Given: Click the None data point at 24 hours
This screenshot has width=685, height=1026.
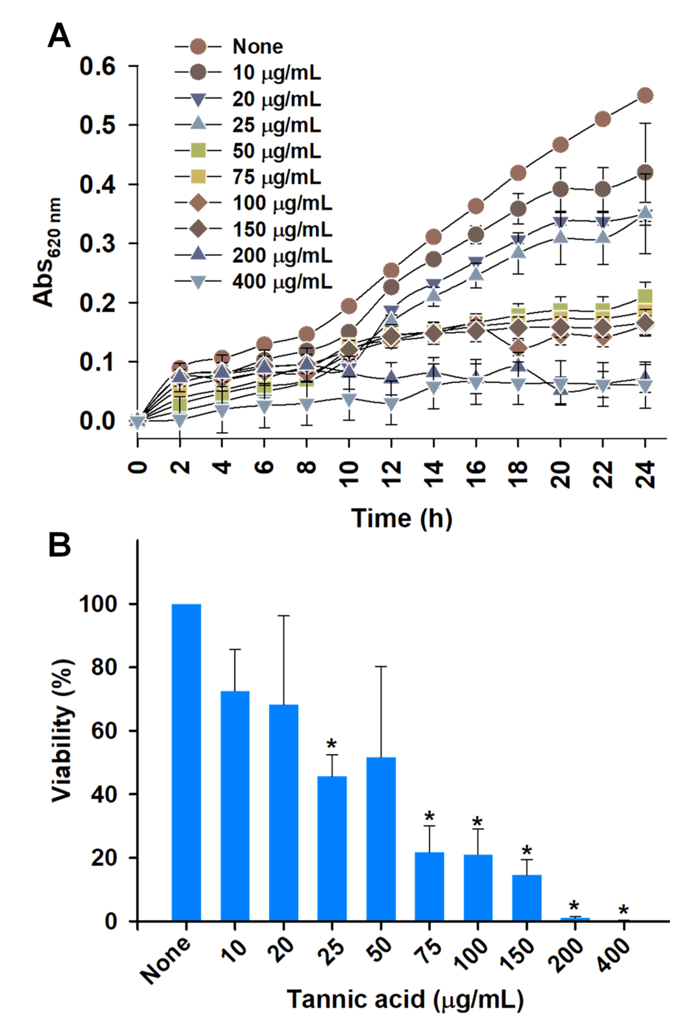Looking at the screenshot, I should (645, 95).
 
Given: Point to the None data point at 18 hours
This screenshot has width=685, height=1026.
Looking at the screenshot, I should (518, 173).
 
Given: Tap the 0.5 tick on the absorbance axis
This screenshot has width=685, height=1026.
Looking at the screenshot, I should (98, 125).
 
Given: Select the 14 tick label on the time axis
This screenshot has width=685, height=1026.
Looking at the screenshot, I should (434, 474).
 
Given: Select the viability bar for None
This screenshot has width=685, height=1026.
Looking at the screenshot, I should (186, 763).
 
